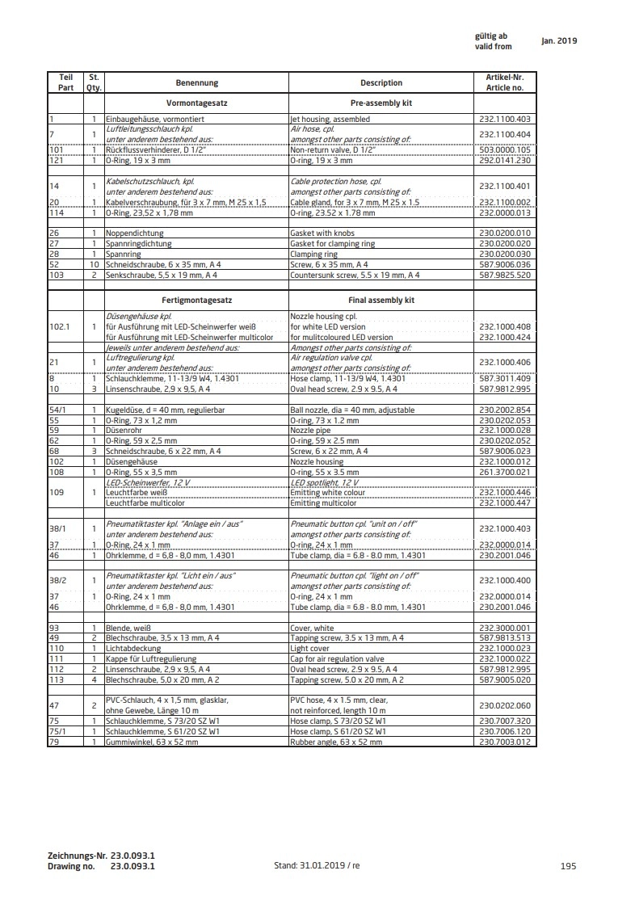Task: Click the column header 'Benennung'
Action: coord(197,82)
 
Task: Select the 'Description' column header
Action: coord(381,82)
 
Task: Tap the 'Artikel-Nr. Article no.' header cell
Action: coord(505,82)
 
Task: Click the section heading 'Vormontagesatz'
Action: coord(197,104)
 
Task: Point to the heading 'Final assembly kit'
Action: coord(381,300)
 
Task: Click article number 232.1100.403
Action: coord(505,119)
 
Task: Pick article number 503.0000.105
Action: coord(505,149)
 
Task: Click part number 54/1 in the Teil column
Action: coord(57,410)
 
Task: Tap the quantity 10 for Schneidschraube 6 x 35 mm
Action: coord(95,264)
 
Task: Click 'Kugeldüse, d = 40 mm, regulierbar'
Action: coord(165,410)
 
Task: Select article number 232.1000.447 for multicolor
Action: coord(505,503)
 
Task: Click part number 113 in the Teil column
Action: coord(56,679)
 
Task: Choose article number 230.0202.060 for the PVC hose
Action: coord(505,705)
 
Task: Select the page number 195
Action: coord(567,865)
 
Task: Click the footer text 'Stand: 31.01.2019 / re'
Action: coord(317,865)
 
